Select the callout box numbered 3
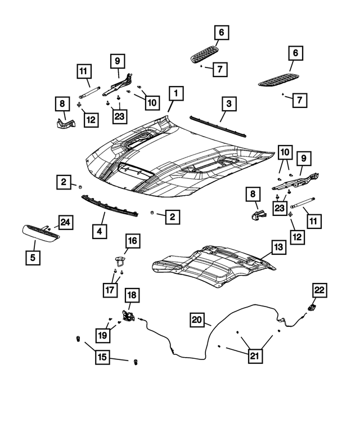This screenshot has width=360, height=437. click(229, 104)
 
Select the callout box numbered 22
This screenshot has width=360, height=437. click(319, 290)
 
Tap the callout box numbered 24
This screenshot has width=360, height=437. click(65, 223)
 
